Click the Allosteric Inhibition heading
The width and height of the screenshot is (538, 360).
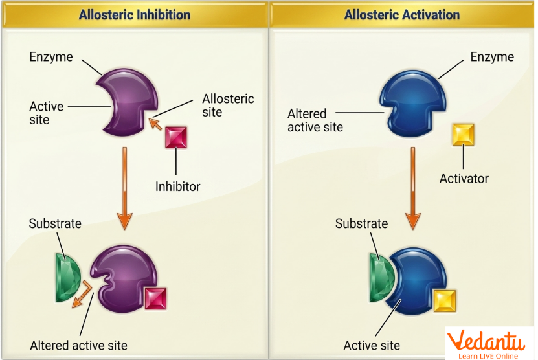[x=135, y=14]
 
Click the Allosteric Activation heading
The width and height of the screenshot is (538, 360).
[x=402, y=14]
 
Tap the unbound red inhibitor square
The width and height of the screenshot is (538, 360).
[x=176, y=138]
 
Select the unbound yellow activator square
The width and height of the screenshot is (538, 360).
[x=463, y=135]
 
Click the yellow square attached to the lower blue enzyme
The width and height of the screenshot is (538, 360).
[x=445, y=301]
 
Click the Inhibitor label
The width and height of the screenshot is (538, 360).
[x=177, y=186]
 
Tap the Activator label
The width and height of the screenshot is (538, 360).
[x=464, y=178]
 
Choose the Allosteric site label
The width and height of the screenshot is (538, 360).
[x=228, y=106]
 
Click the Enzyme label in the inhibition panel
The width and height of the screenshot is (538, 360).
[x=51, y=57]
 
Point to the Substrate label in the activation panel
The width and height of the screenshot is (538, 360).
[x=361, y=224]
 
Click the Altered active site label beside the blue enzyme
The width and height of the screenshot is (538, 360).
[x=316, y=120]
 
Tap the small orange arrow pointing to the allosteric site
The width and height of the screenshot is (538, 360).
[x=155, y=124]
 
